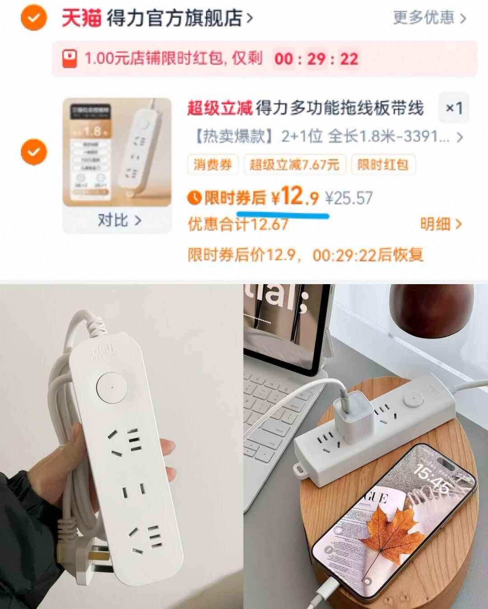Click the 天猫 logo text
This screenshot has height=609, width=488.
click(81, 19)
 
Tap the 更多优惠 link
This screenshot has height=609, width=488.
click(429, 18)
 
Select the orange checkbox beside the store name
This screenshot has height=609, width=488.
click(34, 19)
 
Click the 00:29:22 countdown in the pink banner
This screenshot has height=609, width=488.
click(316, 59)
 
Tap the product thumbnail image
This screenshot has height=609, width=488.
click(117, 152)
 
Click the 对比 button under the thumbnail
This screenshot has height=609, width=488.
click(119, 221)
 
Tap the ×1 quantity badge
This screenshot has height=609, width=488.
click(454, 108)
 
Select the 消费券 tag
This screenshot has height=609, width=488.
click(212, 164)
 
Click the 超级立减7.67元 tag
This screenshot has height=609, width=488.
click(295, 164)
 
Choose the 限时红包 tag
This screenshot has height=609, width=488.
click(383, 164)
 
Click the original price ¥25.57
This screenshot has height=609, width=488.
click(349, 198)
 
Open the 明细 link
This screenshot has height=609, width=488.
click(441, 224)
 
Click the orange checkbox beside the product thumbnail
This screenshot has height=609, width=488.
click(34, 152)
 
